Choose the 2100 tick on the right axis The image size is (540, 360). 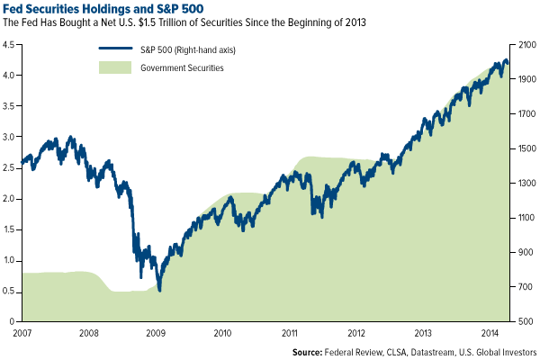(x=526, y=42)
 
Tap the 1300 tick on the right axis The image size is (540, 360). (x=526, y=183)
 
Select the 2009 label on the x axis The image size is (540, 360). (x=155, y=333)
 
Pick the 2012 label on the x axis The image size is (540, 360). (x=356, y=333)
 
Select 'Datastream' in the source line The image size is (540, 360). (x=448, y=352)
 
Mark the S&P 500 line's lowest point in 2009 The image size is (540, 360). (x=159, y=290)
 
